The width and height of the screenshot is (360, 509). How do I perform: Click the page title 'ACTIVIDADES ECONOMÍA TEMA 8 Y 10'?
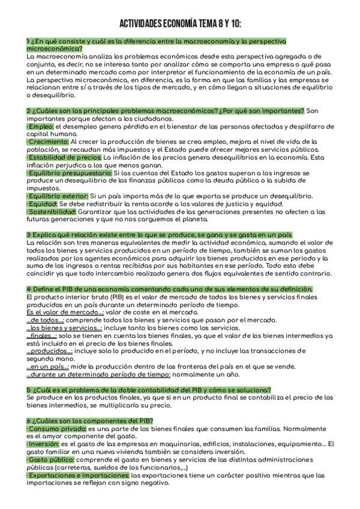[x=180, y=23]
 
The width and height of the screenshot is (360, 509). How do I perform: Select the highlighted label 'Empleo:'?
[x=41, y=127]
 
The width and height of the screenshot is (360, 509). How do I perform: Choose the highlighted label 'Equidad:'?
[x=42, y=203]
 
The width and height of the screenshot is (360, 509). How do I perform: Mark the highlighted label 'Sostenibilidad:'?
[x=52, y=211]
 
